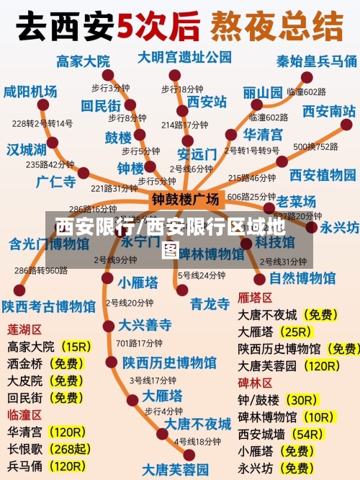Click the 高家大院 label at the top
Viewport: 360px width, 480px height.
point(83,61)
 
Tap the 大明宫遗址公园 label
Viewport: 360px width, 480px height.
point(185,57)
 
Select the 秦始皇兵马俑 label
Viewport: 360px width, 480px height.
point(317,61)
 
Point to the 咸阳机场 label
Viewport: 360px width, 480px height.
point(30,92)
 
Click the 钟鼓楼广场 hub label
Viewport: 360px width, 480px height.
point(185,198)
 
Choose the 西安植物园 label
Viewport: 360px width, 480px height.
point(323,175)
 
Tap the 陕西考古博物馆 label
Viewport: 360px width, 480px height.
point(48,306)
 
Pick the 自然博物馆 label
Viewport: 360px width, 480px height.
point(302,277)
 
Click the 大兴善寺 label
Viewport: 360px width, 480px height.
point(145,324)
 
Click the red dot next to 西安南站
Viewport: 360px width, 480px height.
point(347,124)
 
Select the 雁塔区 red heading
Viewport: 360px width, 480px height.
point(255,298)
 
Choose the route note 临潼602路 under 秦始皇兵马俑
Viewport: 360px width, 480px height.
point(307,92)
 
